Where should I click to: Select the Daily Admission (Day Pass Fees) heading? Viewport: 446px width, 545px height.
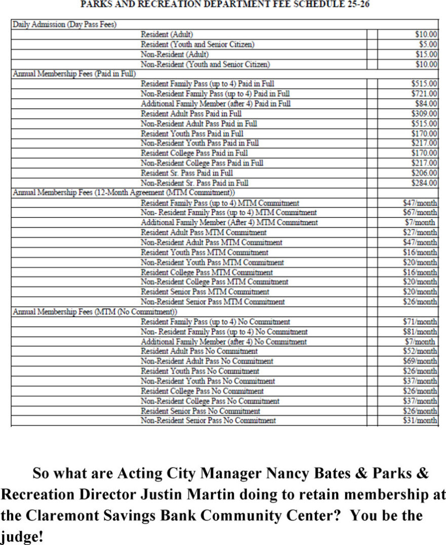coord(64,24)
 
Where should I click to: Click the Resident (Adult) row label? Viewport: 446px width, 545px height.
coord(167,34)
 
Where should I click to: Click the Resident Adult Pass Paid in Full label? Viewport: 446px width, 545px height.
coord(191,114)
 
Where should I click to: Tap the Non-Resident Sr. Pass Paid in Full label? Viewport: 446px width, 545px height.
coord(195,183)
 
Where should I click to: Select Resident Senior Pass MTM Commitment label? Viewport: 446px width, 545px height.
coord(205,292)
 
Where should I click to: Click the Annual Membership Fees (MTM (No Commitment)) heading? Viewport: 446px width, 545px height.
coord(95,311)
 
